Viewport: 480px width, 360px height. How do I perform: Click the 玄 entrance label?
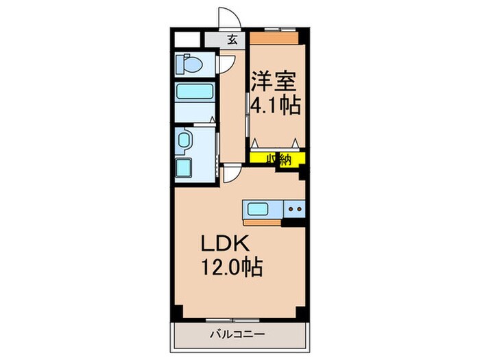coord(232,39)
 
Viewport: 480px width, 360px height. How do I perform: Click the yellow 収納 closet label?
coord(277,158)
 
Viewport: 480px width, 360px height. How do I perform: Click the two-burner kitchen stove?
coord(295,209)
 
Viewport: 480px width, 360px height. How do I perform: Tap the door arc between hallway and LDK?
coord(234,174)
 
